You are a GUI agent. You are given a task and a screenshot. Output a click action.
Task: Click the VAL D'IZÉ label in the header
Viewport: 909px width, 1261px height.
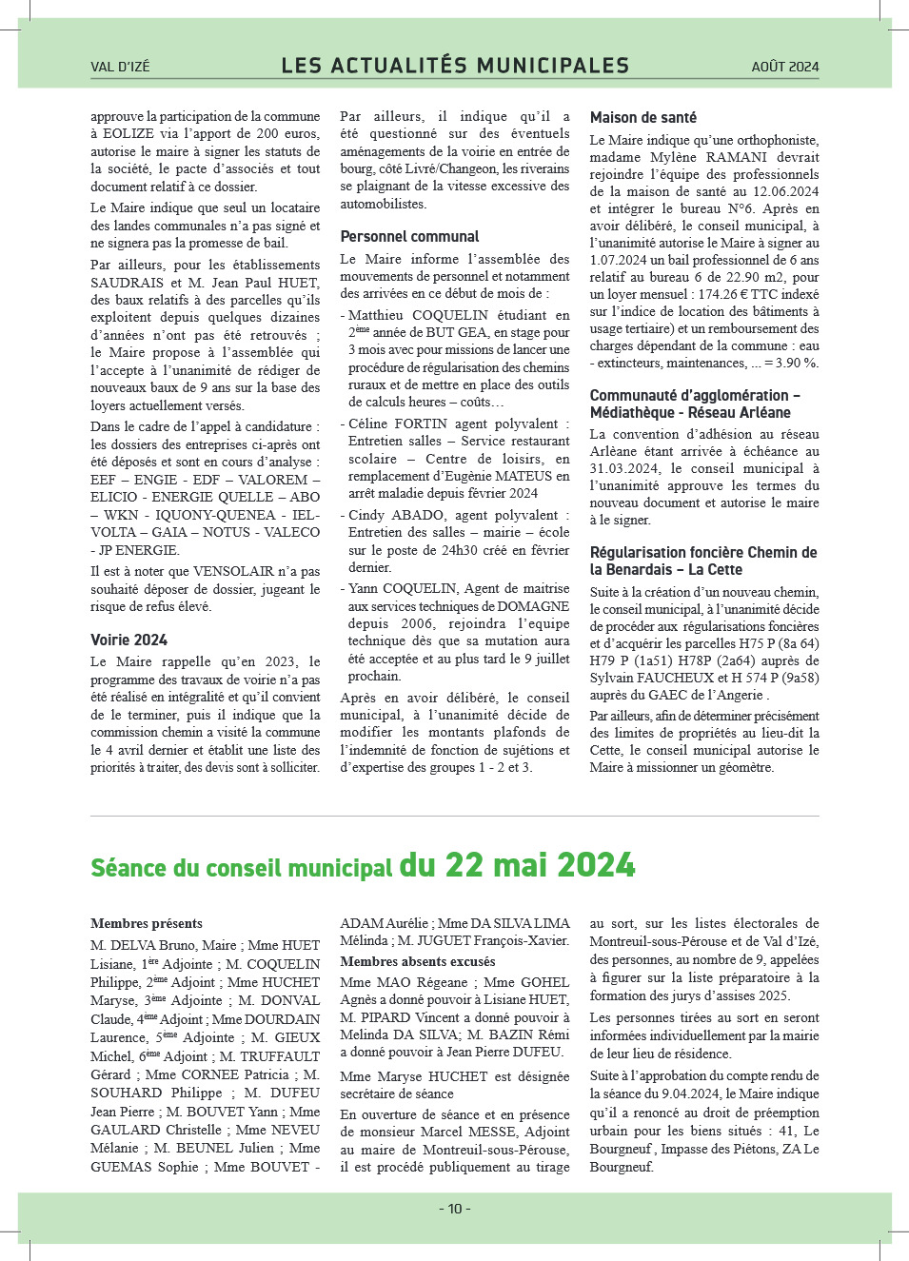tap(120, 67)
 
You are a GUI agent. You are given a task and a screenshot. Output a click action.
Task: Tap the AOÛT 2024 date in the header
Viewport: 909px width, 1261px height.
tap(784, 67)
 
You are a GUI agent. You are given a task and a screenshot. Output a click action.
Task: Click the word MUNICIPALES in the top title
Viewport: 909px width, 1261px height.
tap(552, 66)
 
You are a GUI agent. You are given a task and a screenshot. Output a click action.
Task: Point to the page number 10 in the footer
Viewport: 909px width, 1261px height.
tap(455, 1209)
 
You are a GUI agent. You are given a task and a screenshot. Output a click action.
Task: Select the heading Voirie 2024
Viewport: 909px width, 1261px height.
tap(128, 640)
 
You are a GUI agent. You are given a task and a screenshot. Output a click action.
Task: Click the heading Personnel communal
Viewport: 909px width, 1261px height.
tap(409, 236)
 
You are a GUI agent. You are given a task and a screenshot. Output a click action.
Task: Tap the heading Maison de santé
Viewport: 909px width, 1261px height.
tap(642, 117)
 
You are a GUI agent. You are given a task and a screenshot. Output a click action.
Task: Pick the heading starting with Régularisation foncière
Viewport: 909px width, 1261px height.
tap(702, 561)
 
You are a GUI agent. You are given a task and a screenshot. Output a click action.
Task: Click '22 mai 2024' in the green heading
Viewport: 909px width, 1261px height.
tap(517, 865)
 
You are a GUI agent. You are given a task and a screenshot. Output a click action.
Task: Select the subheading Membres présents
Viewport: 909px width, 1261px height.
tap(147, 923)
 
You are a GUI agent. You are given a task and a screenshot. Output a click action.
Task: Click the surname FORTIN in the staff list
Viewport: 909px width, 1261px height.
tap(420, 424)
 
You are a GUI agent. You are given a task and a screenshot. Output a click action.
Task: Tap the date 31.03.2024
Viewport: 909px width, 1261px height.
tap(624, 468)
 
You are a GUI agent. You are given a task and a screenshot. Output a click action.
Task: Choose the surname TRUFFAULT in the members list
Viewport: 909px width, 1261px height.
tap(280, 1056)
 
